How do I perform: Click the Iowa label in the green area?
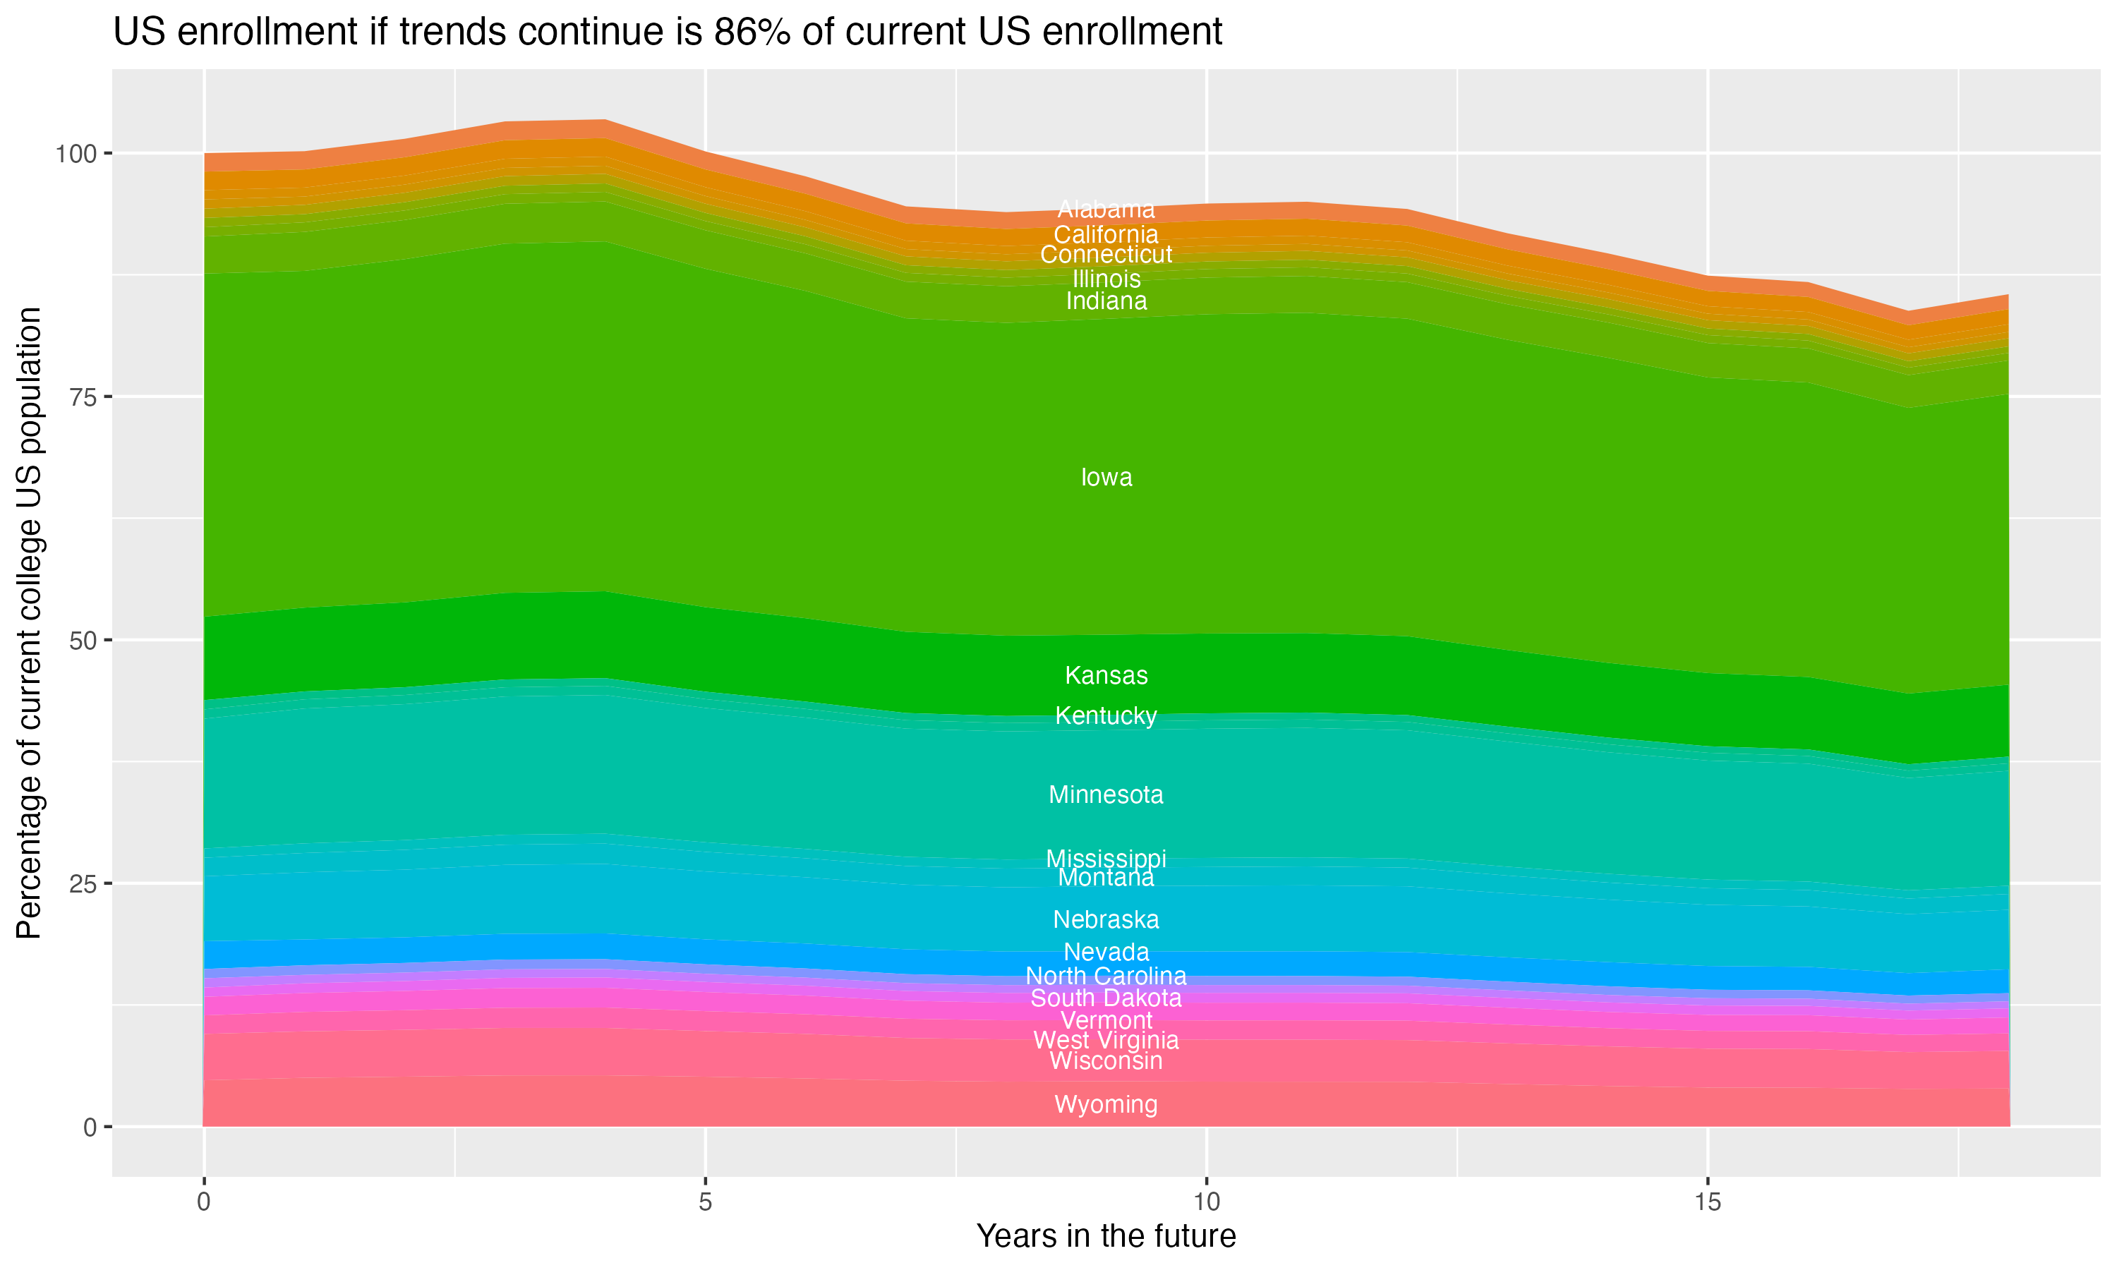click(x=1106, y=478)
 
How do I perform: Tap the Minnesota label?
click(x=1106, y=795)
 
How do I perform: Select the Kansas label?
click(x=1106, y=676)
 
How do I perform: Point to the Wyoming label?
click(x=1106, y=1104)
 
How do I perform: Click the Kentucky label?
click(x=1106, y=715)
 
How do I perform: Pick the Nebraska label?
click(x=1106, y=920)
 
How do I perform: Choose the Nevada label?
click(x=1106, y=952)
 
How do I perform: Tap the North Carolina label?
click(x=1106, y=976)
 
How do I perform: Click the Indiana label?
click(x=1106, y=301)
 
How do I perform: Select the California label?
click(x=1106, y=234)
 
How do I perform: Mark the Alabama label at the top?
click(x=1106, y=210)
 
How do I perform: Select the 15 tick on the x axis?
click(x=1707, y=1202)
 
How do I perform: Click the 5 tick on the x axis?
click(x=704, y=1202)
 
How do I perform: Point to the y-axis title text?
click(x=29, y=622)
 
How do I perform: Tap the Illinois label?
click(x=1106, y=279)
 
